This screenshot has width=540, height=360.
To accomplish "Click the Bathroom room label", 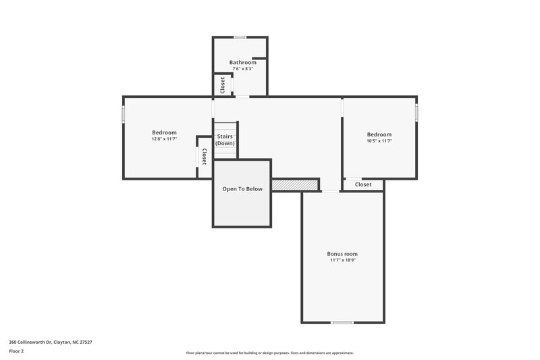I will [242, 62].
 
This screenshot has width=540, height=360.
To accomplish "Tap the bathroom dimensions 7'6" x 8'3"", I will [242, 69].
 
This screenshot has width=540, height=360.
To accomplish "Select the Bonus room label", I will [343, 253].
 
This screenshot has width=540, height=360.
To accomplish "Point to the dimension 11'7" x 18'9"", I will [343, 260].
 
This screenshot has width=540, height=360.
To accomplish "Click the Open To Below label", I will [242, 189].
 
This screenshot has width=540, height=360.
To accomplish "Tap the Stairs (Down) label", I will [225, 140].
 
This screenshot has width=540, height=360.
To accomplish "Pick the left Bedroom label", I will [164, 132].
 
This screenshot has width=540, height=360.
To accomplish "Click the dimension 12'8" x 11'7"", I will [164, 138].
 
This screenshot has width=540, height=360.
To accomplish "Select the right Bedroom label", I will [379, 134].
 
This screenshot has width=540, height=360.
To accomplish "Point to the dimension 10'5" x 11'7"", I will [379, 141].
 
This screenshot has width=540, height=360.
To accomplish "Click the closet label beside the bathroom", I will [222, 85].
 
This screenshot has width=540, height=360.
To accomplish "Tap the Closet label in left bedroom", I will [204, 157].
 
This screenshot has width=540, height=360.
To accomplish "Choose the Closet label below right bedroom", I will [363, 184].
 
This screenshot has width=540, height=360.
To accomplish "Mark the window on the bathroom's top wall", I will [240, 37].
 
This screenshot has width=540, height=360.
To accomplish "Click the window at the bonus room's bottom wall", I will [342, 322].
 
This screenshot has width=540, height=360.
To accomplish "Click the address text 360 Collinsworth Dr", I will [51, 342].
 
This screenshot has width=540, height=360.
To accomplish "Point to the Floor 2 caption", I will [17, 352].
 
